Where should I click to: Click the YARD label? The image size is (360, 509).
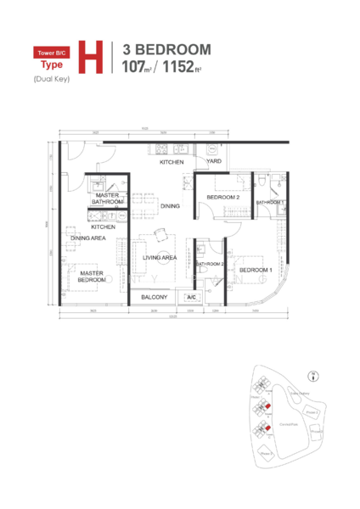[214, 162]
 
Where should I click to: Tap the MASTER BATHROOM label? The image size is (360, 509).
[108, 199]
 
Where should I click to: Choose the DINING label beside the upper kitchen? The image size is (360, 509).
[170, 206]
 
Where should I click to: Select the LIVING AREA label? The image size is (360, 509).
[159, 257]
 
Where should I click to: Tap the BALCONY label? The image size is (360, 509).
[154, 298]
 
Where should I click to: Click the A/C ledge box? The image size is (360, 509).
[191, 298]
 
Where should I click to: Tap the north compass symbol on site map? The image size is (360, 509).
[315, 373]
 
